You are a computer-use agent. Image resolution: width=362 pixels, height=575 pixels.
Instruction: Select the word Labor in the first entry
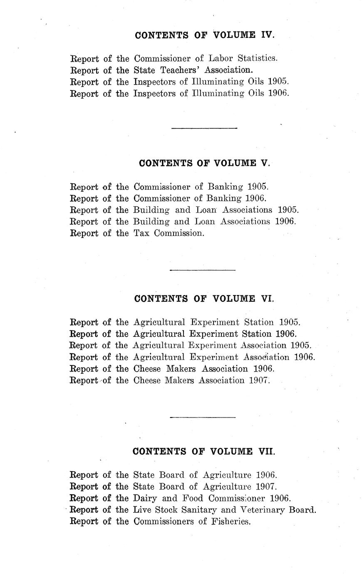[223, 59]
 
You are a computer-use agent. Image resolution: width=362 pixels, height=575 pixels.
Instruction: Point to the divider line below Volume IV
[204, 128]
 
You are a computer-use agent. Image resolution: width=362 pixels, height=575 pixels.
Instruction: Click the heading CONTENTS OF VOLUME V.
[204, 163]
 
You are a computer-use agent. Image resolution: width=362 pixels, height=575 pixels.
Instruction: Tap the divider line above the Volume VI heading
[203, 270]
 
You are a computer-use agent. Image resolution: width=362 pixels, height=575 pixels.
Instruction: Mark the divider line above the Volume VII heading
[203, 417]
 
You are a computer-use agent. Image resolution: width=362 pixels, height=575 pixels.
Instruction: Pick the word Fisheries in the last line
[230, 522]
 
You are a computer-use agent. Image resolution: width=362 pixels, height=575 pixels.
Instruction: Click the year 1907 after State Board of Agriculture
[266, 487]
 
